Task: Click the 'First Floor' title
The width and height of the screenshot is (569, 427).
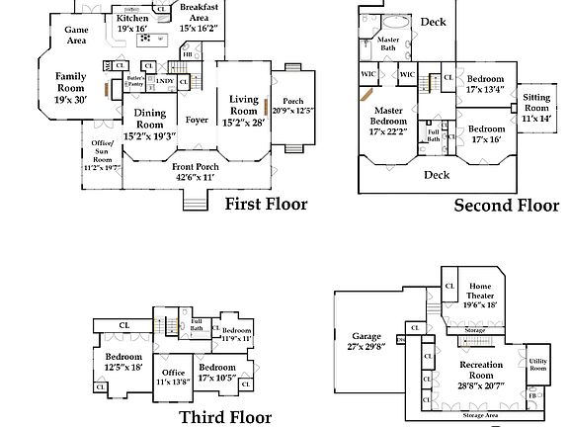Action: point(266,205)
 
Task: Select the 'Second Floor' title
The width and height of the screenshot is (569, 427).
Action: point(506,206)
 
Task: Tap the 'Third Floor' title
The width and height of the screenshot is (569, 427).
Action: point(225,417)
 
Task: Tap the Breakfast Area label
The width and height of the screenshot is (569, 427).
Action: point(200,11)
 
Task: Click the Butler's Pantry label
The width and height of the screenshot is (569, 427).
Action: point(136,81)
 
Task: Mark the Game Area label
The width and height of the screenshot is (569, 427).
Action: point(76,36)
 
